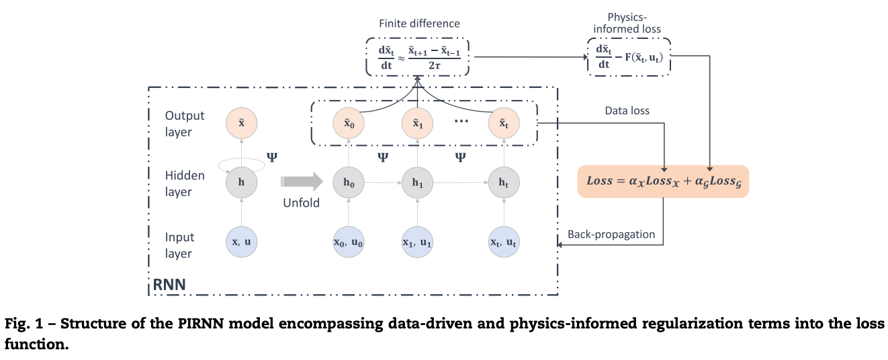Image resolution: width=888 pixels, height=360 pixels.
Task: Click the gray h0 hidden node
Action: (348, 181)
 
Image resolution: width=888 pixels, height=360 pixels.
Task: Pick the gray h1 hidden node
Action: (418, 181)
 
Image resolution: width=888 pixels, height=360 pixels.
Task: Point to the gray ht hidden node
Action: (503, 181)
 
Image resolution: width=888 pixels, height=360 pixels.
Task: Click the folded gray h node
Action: (241, 181)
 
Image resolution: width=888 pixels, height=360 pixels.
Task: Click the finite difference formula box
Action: (418, 56)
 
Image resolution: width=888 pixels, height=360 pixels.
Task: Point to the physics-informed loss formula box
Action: (629, 56)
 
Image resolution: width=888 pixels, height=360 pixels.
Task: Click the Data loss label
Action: (627, 110)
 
